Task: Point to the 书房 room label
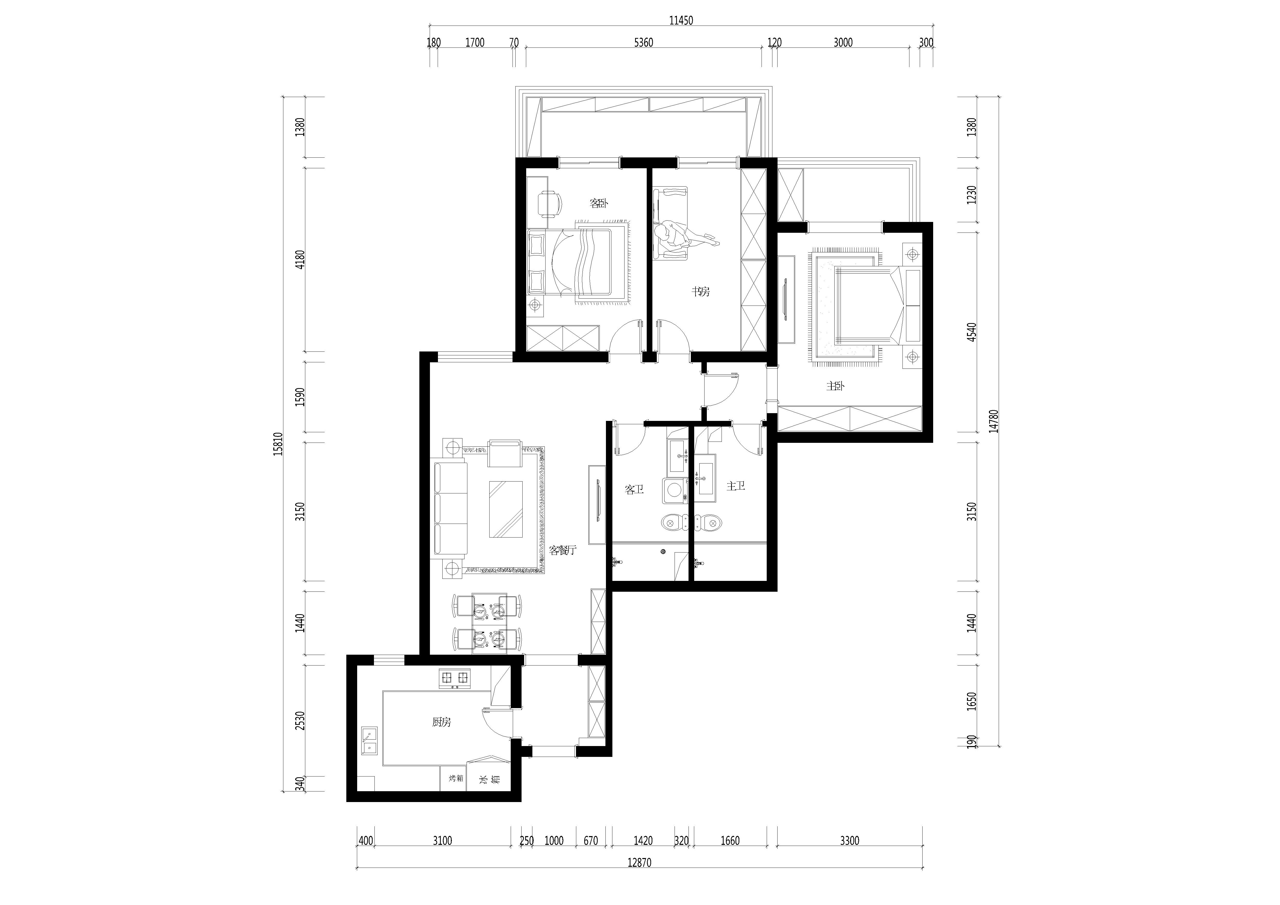point(701,291)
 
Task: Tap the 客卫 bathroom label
point(634,490)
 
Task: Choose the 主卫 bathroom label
point(736,486)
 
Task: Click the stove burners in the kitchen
point(455,678)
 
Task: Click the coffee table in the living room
point(506,509)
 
